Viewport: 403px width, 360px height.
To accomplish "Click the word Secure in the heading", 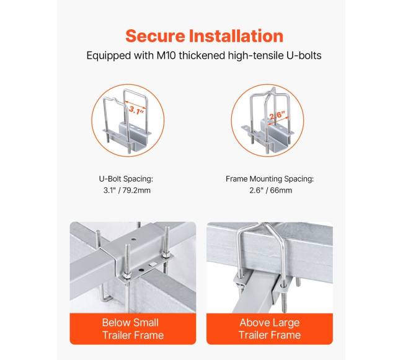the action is click(x=155, y=36).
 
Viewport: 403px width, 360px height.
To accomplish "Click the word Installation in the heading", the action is click(x=236, y=36).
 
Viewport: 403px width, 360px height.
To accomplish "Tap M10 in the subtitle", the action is click(x=166, y=56).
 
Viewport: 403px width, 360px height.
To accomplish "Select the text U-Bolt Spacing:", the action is click(x=126, y=178).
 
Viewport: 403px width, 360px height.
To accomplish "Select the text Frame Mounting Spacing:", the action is click(x=270, y=178).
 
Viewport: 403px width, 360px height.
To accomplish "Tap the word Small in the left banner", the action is click(x=146, y=322).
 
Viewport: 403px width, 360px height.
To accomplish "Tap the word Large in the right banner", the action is click(x=286, y=323).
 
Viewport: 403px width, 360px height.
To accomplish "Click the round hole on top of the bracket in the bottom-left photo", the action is click(x=133, y=239).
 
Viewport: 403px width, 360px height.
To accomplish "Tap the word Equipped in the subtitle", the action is click(x=108, y=56).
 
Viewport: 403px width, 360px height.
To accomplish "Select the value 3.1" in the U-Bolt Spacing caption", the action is click(x=109, y=190).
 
